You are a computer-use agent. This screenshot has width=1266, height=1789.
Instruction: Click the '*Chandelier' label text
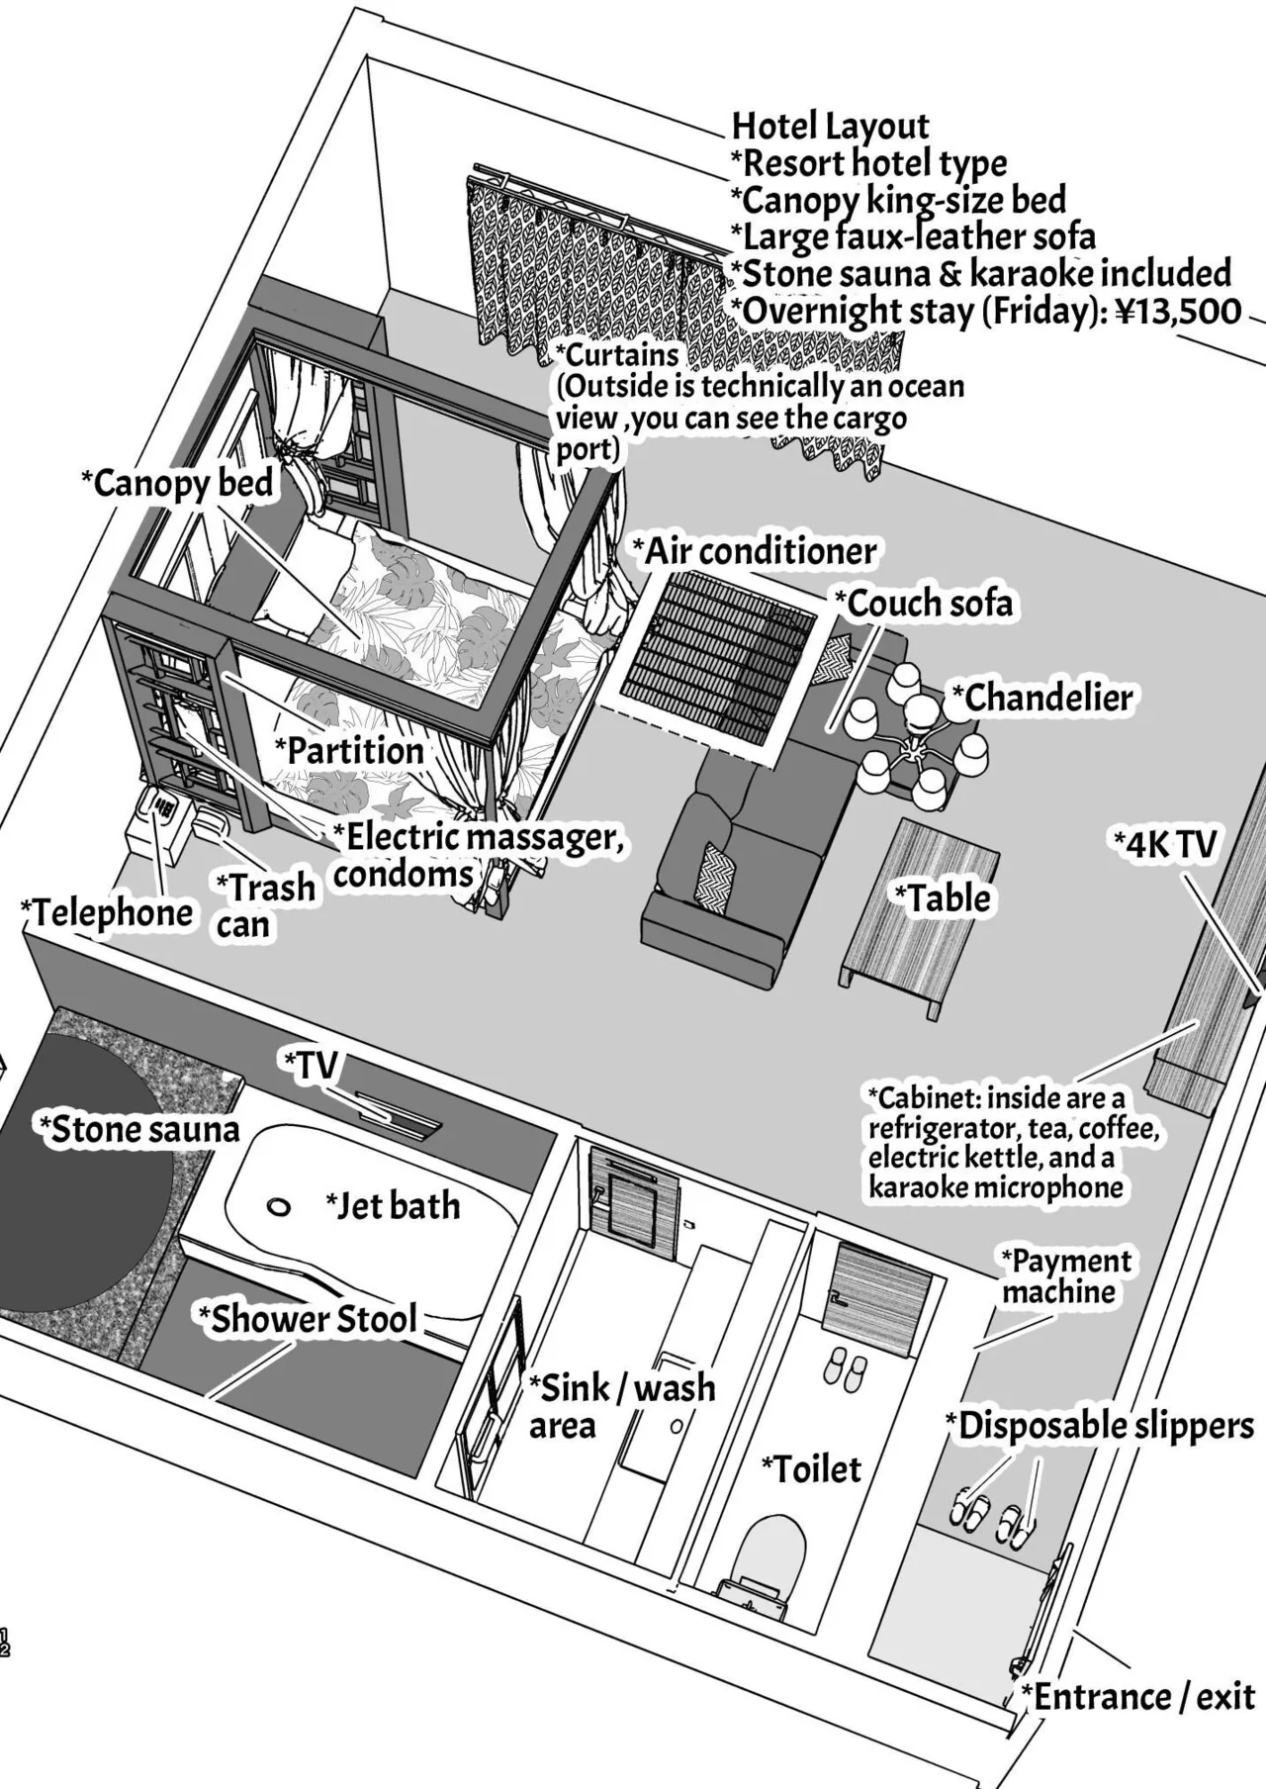click(1042, 699)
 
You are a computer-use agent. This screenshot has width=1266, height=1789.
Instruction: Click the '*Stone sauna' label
click(138, 1129)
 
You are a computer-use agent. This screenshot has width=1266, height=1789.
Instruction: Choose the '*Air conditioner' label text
click(755, 551)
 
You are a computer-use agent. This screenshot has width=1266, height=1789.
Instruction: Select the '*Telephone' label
click(108, 912)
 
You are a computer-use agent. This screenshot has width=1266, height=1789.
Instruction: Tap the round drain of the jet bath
click(280, 1207)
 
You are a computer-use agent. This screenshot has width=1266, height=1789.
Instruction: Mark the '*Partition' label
click(349, 750)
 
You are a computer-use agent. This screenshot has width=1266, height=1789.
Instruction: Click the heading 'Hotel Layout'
click(831, 126)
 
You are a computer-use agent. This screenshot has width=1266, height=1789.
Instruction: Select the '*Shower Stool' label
click(308, 1319)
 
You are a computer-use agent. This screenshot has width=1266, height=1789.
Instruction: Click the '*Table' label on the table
click(943, 898)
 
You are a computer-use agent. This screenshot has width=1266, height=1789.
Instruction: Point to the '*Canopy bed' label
click(178, 484)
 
